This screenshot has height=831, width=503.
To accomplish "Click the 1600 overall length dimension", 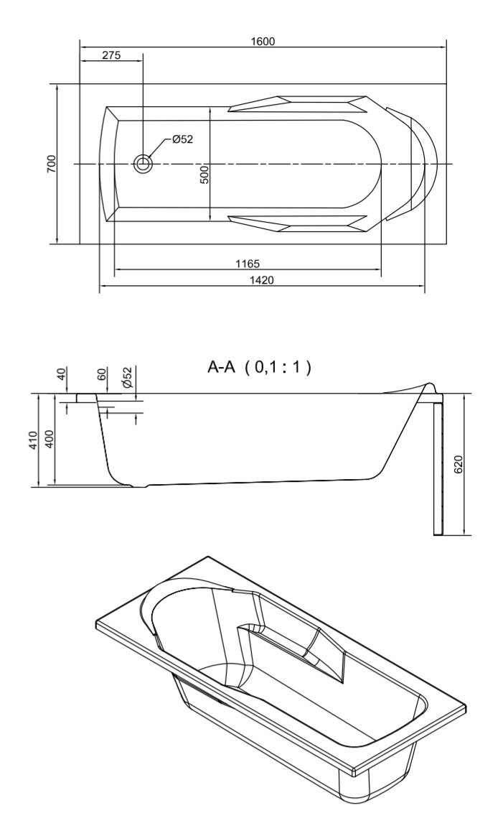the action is pos(263,42).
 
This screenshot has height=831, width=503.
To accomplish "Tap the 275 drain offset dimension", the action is pos(112,55).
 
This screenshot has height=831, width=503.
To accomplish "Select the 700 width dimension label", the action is pos(51,164).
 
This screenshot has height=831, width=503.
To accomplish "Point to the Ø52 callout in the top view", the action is pos(183,139).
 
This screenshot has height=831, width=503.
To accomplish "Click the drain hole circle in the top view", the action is pos(143,164).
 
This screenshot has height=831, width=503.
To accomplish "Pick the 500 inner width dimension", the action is pos(205,175).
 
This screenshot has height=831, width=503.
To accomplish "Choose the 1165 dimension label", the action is pos(248,264).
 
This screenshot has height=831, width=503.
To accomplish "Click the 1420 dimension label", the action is pos(262,280).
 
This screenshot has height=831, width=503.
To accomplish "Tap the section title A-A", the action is pos(221,367).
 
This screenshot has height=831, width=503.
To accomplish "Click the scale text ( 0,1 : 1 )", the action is pos(278,367).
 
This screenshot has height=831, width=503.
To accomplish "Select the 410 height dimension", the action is pos(33,440).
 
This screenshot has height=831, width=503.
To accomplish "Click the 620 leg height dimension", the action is pos(459,464).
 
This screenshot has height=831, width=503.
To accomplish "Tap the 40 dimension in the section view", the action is pos(62,374).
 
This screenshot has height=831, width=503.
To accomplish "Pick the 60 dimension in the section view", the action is pos(103,374).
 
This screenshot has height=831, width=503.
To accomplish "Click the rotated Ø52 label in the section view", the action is pos(127,376).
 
